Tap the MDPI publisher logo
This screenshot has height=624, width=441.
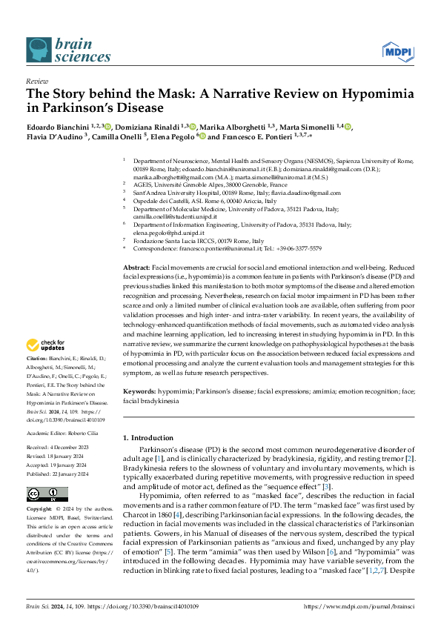[x=397, y=50]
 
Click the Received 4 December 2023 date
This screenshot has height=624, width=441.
[x=58, y=448]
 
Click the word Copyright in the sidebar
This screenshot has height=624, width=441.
[x=40, y=510]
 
